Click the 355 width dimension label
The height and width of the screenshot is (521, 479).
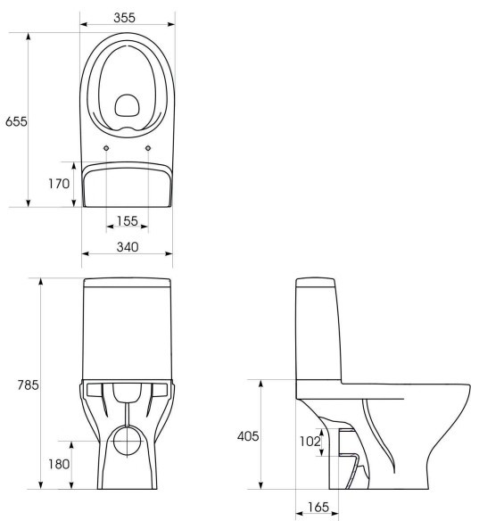(x=125, y=18)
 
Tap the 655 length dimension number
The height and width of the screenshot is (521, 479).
(x=16, y=121)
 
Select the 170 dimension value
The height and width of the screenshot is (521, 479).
(x=59, y=184)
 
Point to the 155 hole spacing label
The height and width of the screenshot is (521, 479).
(x=128, y=220)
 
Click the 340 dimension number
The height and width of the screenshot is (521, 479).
(x=128, y=247)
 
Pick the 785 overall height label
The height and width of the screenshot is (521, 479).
(x=29, y=385)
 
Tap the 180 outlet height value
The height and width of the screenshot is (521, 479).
(x=59, y=464)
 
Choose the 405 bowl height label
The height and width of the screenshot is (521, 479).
(x=248, y=436)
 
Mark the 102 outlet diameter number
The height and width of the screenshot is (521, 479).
(x=310, y=442)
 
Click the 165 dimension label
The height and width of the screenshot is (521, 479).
(x=318, y=507)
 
